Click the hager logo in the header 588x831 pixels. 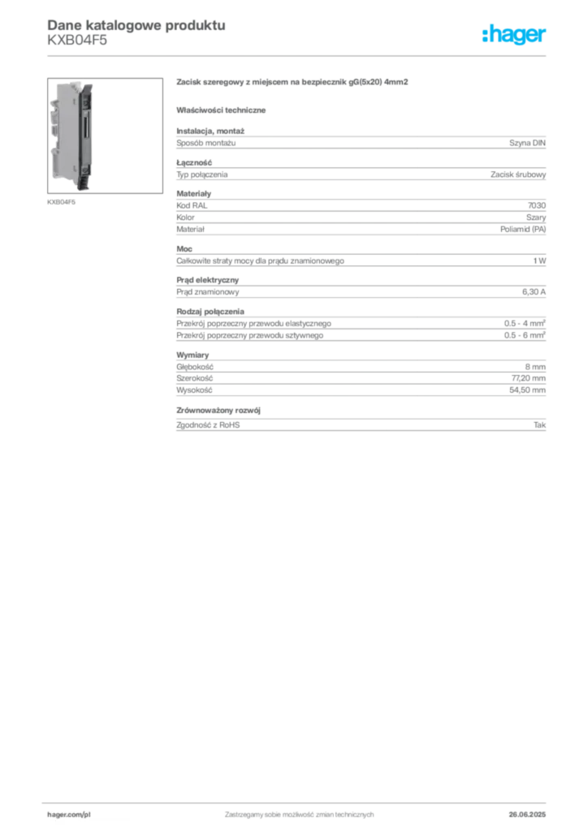point(513,35)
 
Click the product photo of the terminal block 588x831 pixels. point(105,136)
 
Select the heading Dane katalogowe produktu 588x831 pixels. point(136,25)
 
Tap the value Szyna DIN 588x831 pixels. point(527,143)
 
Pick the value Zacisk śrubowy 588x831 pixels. point(518,174)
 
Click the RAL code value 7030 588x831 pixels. point(537,205)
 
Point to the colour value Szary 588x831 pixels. point(536,217)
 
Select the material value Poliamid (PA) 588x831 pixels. point(523,230)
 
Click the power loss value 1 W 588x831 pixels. point(539,260)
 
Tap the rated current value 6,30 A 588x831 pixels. point(534,292)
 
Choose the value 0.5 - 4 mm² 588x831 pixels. point(525,323)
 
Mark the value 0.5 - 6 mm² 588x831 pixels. point(525,335)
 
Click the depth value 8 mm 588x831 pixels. point(535,367)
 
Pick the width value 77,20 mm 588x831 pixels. point(529,378)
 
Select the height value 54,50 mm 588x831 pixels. point(528,390)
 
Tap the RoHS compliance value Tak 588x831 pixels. point(540,425)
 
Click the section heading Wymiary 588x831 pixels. point(192,355)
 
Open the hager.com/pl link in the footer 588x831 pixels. point(69,815)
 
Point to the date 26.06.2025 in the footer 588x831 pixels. point(527,815)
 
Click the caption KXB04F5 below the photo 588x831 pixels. point(62,202)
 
